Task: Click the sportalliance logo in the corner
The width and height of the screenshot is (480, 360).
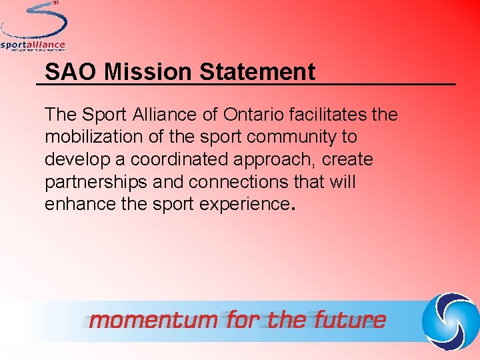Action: pos(33,27)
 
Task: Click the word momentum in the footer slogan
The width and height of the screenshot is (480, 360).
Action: pos(153,321)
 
